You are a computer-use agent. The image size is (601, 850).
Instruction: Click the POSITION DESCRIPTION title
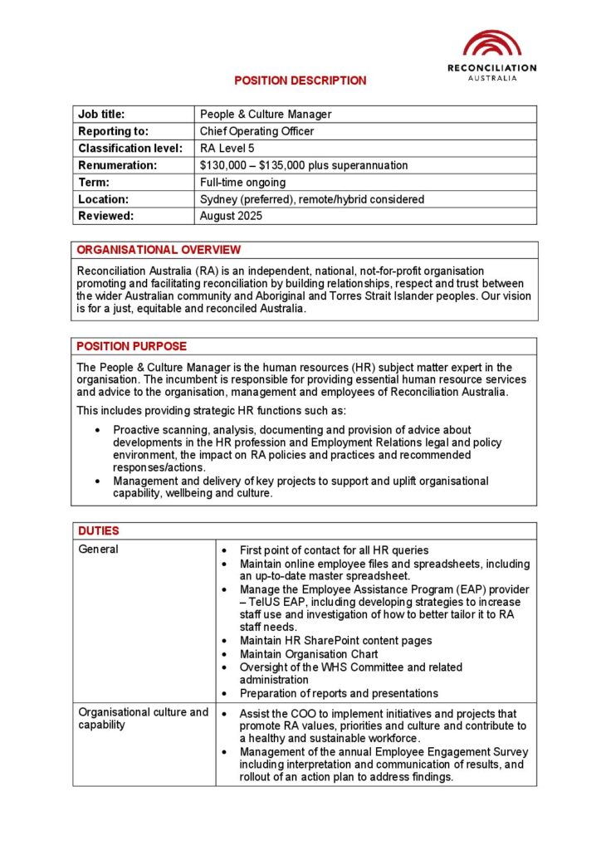[300, 81]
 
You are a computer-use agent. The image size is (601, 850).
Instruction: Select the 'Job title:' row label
[101, 115]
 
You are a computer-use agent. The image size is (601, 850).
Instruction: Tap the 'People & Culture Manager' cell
[266, 115]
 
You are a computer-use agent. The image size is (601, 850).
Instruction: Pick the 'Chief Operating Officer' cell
[257, 131]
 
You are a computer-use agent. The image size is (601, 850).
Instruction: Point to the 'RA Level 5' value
[227, 149]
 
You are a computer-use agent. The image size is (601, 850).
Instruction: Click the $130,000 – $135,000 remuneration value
[304, 165]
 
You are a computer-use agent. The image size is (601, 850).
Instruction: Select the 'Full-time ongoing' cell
[242, 183]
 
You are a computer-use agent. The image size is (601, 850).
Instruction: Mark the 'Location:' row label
[103, 199]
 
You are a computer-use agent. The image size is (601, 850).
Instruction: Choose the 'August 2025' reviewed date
[231, 216]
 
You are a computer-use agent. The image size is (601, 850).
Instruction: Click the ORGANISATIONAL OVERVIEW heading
[159, 250]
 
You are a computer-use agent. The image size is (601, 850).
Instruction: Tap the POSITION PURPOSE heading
[132, 346]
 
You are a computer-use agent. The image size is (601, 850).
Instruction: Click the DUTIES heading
[99, 530]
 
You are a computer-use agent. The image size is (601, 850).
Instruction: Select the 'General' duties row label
[98, 550]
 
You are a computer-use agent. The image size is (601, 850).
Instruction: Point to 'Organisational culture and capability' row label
[143, 719]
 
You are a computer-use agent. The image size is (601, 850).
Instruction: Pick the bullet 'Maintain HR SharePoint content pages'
[335, 641]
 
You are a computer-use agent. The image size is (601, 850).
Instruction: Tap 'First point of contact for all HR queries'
[334, 550]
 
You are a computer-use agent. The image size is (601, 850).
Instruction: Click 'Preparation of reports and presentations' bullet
[339, 693]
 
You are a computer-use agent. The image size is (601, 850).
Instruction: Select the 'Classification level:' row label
[129, 149]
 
